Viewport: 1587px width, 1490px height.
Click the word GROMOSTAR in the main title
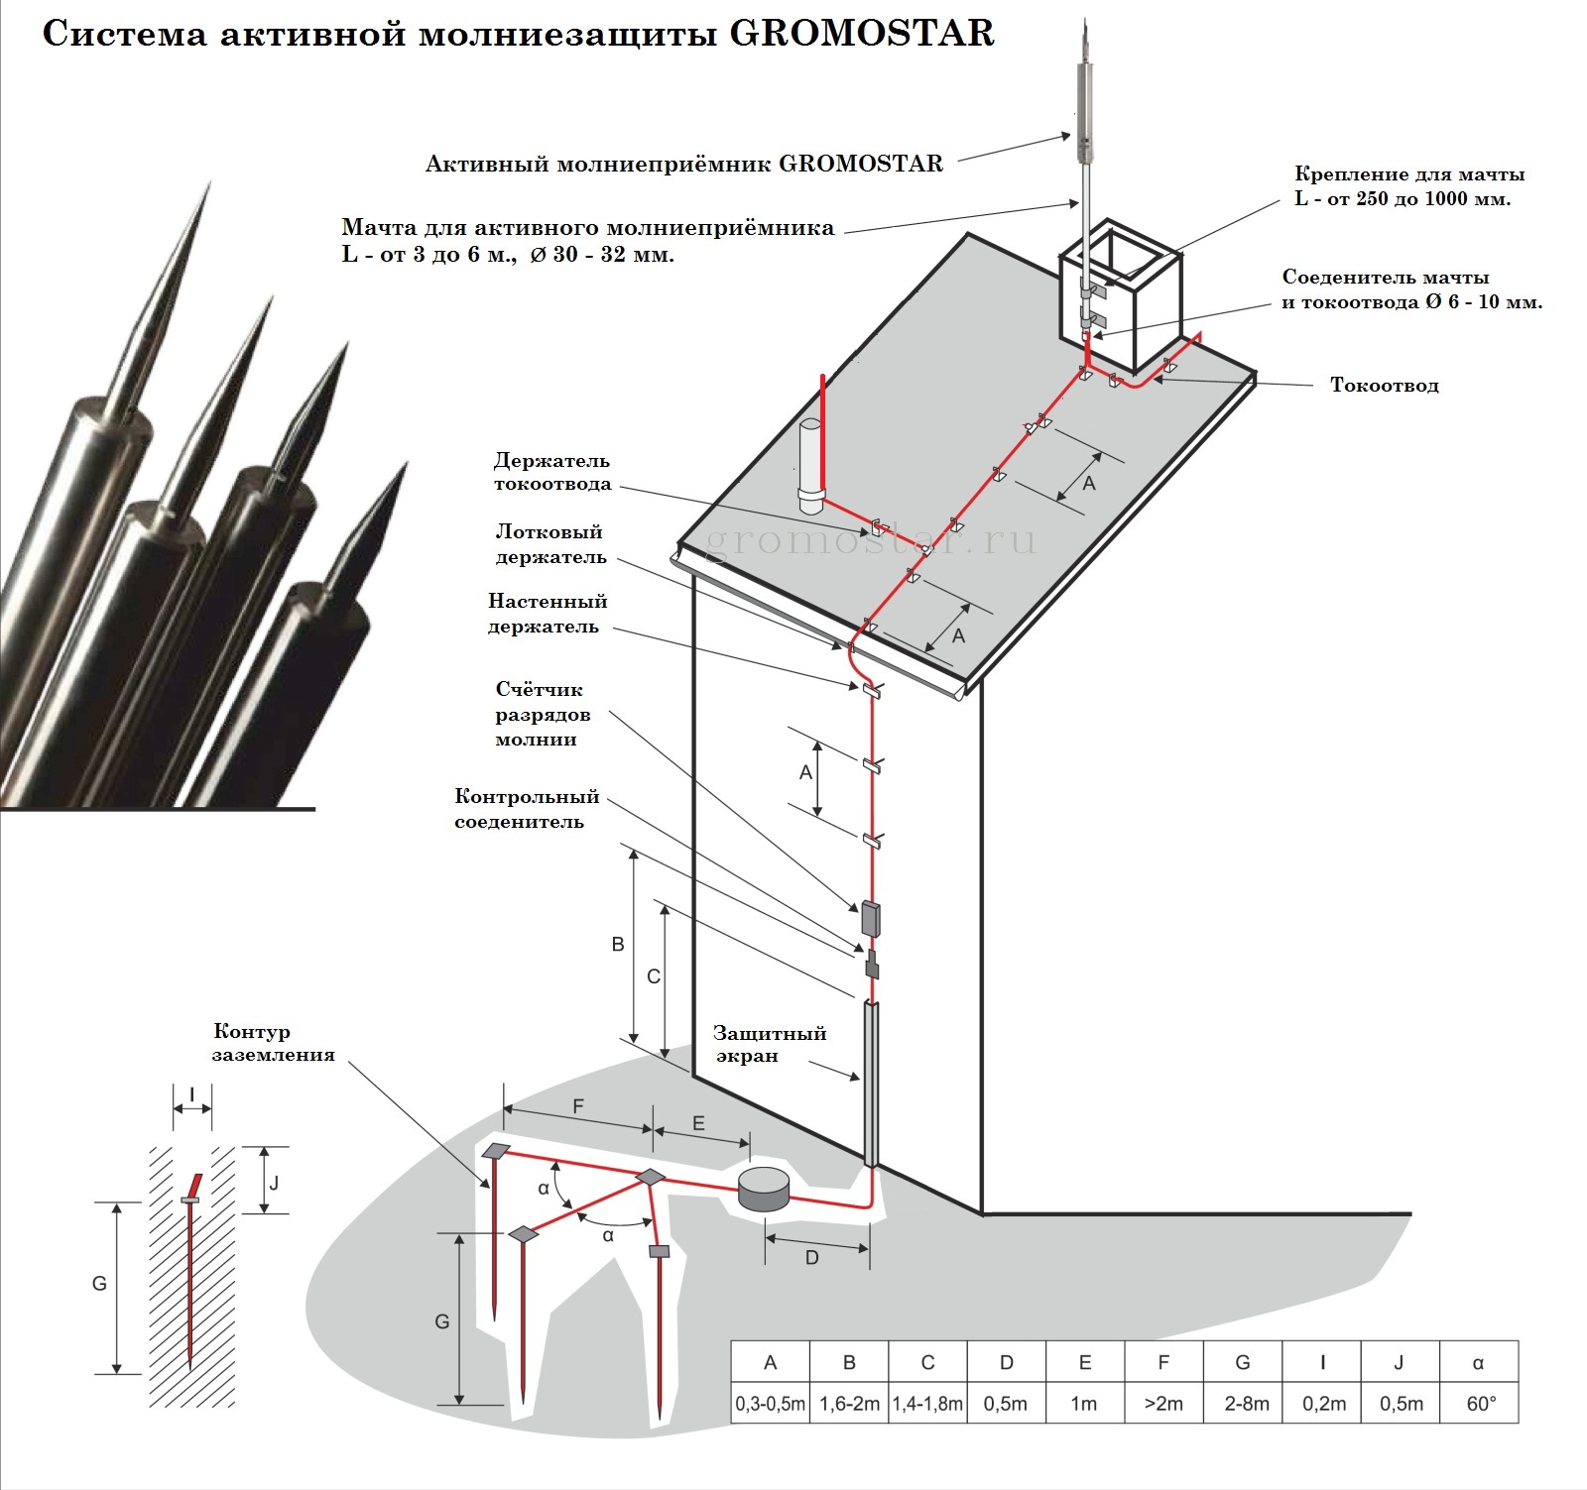pos(861,34)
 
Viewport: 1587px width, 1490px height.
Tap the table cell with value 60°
pos(1479,1404)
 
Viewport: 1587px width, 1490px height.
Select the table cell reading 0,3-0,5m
pos(770,1404)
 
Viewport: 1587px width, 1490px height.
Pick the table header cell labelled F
pos(1163,1362)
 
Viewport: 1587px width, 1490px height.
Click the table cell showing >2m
pos(1163,1404)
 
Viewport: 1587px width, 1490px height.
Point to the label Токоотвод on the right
pos(1384,386)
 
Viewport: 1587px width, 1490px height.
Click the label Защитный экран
pos(769,1044)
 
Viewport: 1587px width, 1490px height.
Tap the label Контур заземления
pos(273,1043)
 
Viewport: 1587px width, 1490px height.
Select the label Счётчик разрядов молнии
pos(542,714)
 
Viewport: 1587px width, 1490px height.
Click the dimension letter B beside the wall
pos(618,944)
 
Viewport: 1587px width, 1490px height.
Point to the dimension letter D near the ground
pos(811,1258)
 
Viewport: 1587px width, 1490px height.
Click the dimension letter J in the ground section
pos(274,1183)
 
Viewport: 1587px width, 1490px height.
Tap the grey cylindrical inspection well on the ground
pos(764,1188)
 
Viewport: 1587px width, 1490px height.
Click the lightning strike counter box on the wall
pos(870,919)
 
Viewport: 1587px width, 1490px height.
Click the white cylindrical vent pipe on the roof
pos(810,465)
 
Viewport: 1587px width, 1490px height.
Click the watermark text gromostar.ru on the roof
pos(871,541)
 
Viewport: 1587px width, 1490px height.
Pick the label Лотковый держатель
pos(550,544)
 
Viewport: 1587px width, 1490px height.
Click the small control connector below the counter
pos(872,965)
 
